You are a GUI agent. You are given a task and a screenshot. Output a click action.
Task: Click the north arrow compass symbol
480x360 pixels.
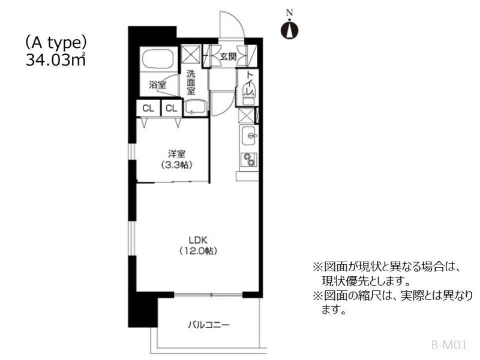coord(290,29)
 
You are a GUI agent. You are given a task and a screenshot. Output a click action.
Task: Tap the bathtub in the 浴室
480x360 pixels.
coord(158,59)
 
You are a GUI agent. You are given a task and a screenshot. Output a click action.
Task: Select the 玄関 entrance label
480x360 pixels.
coord(229,56)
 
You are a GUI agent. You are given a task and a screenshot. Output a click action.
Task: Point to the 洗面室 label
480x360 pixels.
coord(191,82)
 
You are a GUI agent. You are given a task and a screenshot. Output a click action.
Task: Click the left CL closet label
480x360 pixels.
coord(148,109)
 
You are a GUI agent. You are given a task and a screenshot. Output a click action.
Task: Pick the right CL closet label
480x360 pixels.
coord(172,109)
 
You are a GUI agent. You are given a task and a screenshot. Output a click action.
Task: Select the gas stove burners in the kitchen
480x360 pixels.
coord(249,160)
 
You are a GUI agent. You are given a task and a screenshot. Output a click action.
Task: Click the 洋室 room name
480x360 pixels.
coord(176,154)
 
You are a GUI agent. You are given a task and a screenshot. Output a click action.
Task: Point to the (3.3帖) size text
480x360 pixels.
coord(177,166)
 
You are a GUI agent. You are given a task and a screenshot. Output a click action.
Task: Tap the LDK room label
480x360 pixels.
coord(198,239)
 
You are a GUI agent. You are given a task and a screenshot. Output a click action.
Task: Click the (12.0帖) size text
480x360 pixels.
coord(199,251)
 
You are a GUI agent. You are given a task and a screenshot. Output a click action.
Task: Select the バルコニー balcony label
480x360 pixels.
coord(208,325)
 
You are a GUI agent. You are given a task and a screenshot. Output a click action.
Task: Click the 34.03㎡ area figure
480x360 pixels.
coord(56,60)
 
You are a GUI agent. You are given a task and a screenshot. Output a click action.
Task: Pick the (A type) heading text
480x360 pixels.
coord(56,43)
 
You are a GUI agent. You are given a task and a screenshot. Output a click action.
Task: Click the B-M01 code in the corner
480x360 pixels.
coord(449,346)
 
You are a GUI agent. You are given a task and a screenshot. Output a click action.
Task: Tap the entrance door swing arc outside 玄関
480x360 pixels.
coord(237,20)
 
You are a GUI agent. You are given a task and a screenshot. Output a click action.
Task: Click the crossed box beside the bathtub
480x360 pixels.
coord(190,54)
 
